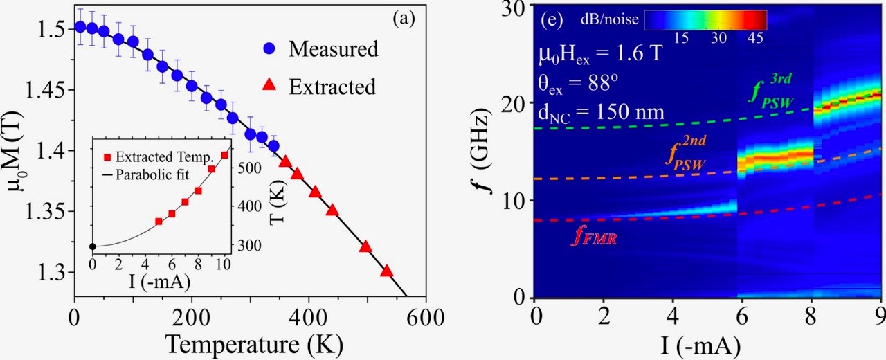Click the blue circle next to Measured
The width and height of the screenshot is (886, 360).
pos(270,49)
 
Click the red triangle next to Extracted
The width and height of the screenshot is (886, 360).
pos(270,86)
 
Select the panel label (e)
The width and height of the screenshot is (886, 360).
pos(551,19)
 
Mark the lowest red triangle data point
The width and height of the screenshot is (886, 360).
pos(386,271)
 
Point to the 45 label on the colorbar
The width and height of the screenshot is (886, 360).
pos(756,39)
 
